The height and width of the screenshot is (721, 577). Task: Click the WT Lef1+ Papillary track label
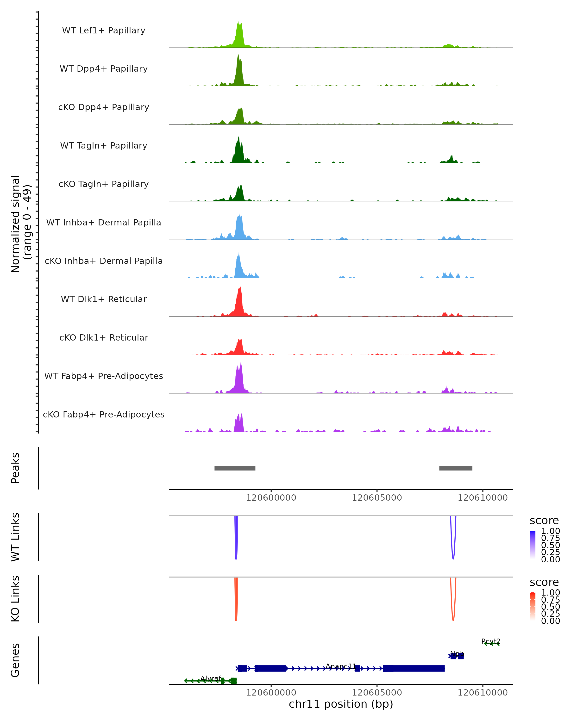pyautogui.click(x=104, y=31)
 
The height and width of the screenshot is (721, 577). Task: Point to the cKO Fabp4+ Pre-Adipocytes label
pyautogui.click(x=104, y=414)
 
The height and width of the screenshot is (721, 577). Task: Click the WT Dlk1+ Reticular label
pyautogui.click(x=104, y=299)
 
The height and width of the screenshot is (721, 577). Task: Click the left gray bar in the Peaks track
pyautogui.click(x=235, y=468)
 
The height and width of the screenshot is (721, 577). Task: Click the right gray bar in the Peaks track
pyautogui.click(x=456, y=468)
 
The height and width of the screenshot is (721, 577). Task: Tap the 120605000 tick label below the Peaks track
pyautogui.click(x=377, y=498)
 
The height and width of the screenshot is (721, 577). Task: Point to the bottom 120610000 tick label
pyautogui.click(x=482, y=693)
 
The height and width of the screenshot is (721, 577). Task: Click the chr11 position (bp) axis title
pyautogui.click(x=341, y=704)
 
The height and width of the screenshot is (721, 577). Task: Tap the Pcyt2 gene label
pyautogui.click(x=491, y=641)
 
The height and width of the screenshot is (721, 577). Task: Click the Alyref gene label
pyautogui.click(x=211, y=678)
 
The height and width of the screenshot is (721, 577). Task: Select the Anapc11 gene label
pyautogui.click(x=340, y=666)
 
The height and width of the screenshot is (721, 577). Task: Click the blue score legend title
pyautogui.click(x=544, y=521)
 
